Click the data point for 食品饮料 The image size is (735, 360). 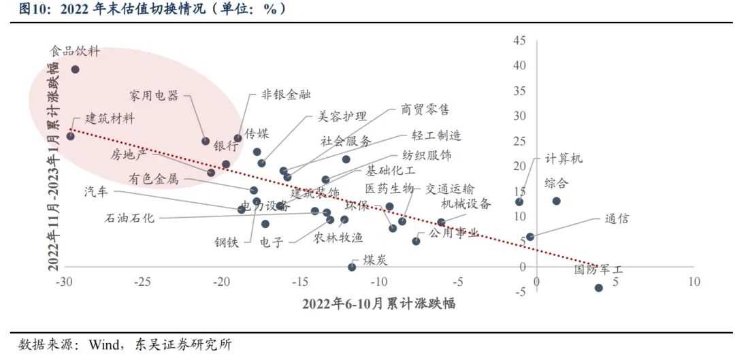point(75,69)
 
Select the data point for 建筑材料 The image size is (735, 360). point(70,136)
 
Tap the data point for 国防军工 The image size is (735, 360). point(599,288)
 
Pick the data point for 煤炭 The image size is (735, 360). point(352,267)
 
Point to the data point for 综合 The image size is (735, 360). point(556,201)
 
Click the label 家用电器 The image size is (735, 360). point(154,95)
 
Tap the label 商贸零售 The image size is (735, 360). point(425,109)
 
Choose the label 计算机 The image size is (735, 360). point(564,159)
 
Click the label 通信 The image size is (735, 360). point(617,219)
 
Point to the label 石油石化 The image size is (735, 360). point(129,218)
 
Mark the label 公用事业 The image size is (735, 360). point(454,233)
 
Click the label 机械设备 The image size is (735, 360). point(465,203)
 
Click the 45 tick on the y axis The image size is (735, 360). point(519,42)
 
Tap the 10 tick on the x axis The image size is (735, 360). point(693,282)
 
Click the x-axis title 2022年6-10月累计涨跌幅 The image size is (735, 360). point(379,304)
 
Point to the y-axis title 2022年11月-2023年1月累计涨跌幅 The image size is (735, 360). point(53,167)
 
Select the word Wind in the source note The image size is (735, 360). point(100,344)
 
